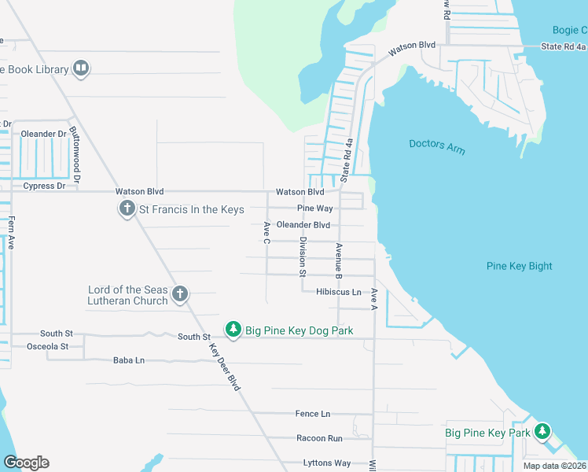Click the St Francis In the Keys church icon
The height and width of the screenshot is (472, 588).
point(127,209)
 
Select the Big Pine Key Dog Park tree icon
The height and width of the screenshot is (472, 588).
point(233,330)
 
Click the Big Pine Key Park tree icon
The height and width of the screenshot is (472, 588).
point(542,431)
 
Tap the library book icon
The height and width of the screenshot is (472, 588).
point(80,69)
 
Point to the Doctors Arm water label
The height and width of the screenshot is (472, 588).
point(437,146)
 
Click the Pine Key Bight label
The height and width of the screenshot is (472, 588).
point(520,266)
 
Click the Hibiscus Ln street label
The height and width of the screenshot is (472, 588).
point(338,292)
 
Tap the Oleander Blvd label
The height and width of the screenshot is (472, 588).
point(303,225)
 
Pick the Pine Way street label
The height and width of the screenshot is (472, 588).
point(314,208)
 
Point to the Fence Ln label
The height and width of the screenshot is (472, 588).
point(312,414)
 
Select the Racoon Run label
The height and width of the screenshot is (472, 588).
point(319,438)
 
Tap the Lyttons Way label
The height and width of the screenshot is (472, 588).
point(326,463)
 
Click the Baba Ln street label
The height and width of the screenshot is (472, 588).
point(129,360)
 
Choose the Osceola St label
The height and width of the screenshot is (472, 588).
point(48,346)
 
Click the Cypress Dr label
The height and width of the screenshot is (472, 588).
point(44,186)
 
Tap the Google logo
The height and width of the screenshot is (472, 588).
point(26,463)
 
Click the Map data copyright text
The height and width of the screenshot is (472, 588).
point(554,466)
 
